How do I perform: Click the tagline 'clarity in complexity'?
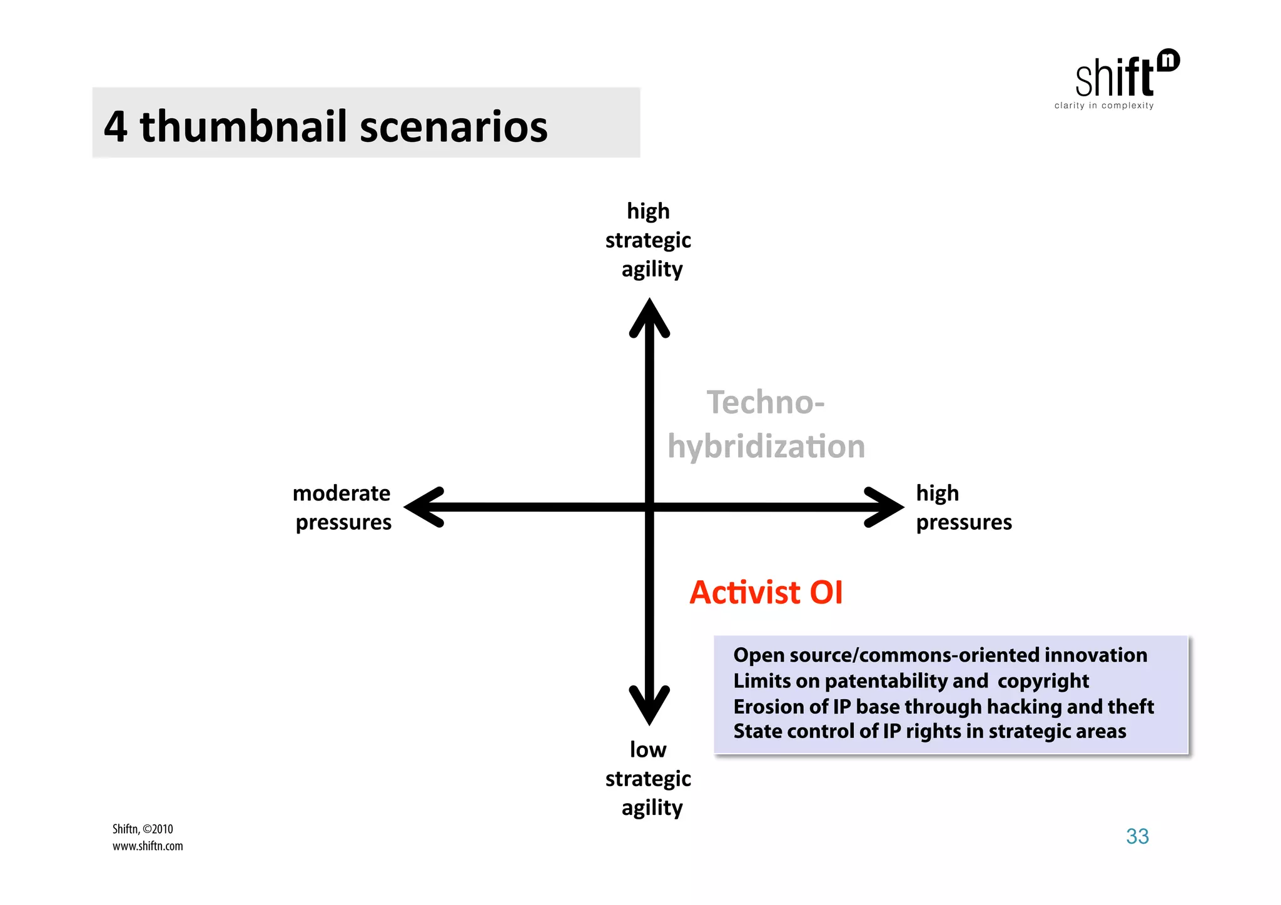click(1104, 106)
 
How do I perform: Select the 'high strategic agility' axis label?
click(649, 240)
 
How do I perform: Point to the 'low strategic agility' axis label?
click(649, 779)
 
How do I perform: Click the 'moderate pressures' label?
click(342, 507)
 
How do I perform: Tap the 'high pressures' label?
click(963, 507)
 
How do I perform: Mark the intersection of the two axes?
click(649, 507)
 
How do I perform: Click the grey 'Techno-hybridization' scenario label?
click(766, 425)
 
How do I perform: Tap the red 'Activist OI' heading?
click(766, 592)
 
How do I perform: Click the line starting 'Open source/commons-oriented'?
click(940, 655)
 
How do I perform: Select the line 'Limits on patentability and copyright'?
click(911, 680)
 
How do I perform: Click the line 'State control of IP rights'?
click(929, 731)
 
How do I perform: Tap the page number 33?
click(1137, 836)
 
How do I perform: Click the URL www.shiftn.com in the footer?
click(148, 846)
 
